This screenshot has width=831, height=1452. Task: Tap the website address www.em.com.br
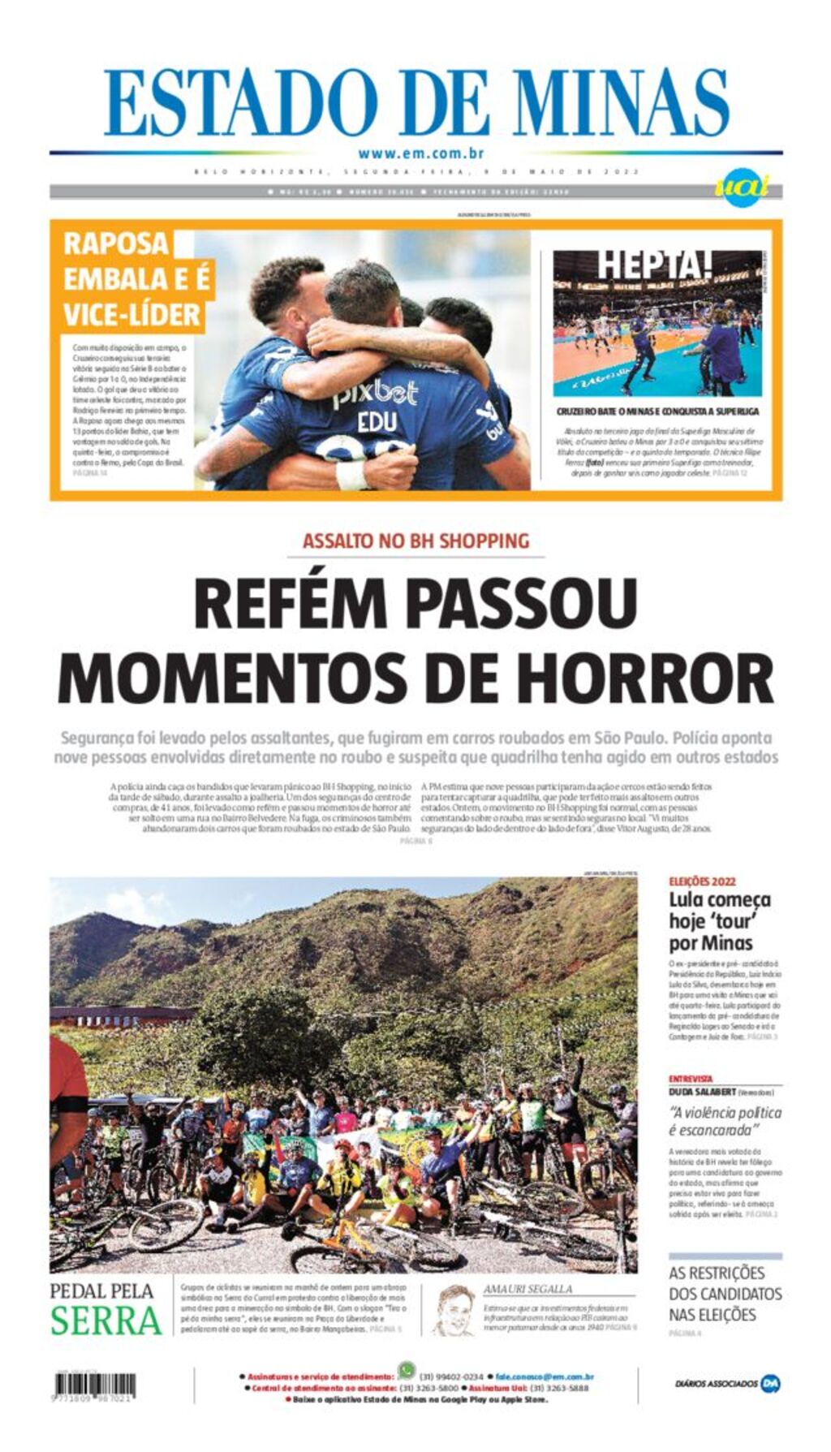point(420,153)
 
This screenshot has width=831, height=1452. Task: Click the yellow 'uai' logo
point(741,189)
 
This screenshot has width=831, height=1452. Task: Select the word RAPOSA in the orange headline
point(116,243)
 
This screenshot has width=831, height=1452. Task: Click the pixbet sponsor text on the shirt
point(375,394)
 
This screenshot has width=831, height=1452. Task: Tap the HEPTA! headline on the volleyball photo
point(655,264)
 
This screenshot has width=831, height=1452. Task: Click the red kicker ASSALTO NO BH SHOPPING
point(415,541)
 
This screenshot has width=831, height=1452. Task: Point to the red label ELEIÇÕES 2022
point(702,881)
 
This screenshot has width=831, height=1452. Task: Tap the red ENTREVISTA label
point(691,1079)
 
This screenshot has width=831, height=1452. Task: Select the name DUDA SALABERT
point(703,1092)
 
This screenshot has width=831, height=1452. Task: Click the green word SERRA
point(106,1320)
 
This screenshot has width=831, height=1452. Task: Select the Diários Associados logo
point(727,1383)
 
